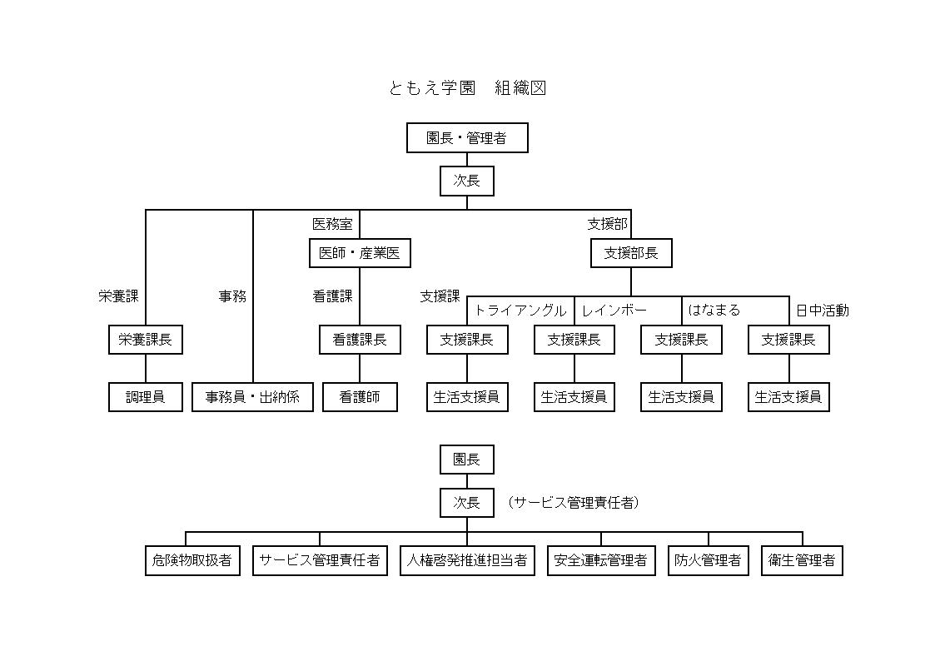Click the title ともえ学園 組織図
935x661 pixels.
point(467,88)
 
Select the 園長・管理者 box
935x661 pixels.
point(467,138)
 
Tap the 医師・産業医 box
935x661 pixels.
point(360,253)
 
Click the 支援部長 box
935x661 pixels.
point(631,253)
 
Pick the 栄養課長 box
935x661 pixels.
point(146,340)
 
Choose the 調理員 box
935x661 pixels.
point(146,397)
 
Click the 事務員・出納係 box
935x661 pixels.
point(252,397)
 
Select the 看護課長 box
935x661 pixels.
point(360,340)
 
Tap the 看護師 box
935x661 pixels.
point(360,397)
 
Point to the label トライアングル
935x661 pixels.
point(520,311)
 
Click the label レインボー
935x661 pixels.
point(614,311)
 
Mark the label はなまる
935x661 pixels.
point(714,311)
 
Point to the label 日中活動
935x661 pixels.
point(822,311)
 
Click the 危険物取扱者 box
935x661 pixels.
point(192,560)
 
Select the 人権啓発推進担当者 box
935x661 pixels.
point(467,560)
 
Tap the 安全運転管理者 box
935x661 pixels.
point(601,560)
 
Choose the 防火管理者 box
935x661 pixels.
point(709,560)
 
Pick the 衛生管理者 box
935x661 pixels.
point(802,560)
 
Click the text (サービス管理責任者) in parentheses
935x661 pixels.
point(573,503)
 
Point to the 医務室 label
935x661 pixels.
point(332,224)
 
